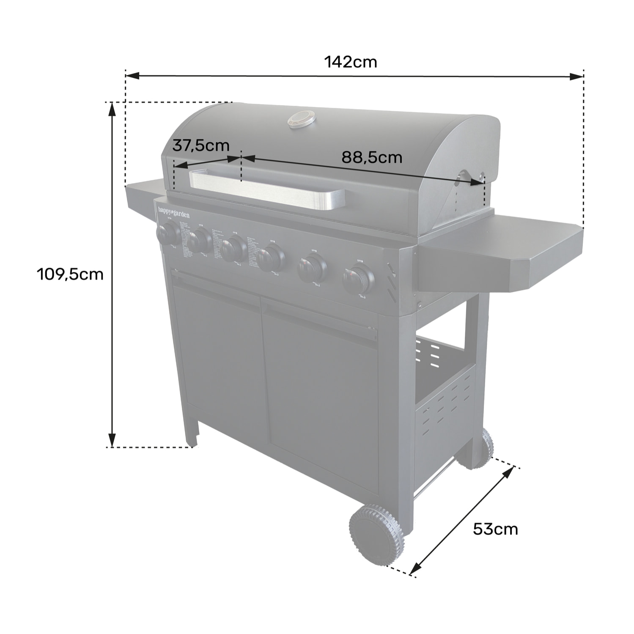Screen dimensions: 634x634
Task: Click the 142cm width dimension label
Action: click(x=350, y=62)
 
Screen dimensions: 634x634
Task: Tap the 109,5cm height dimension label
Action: click(x=70, y=274)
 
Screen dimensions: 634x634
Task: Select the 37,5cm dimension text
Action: click(x=200, y=145)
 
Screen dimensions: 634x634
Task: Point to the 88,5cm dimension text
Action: click(x=371, y=157)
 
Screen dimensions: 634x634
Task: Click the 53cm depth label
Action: click(x=495, y=529)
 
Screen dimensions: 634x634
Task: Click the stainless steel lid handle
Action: click(x=266, y=189)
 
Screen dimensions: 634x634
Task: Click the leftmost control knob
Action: click(x=168, y=233)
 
